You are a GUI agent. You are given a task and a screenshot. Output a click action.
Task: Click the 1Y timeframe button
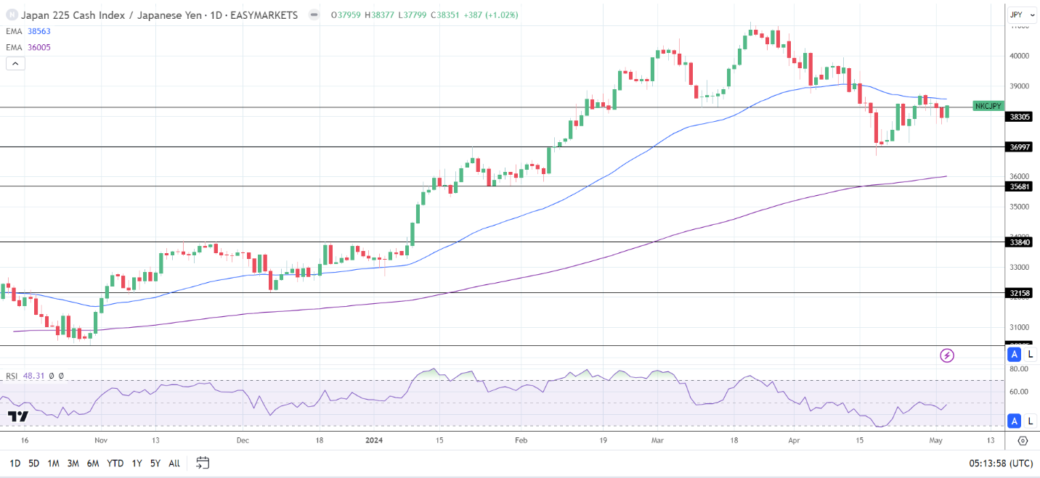[x=136, y=463]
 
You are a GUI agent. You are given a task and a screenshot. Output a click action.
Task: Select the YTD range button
[x=115, y=463]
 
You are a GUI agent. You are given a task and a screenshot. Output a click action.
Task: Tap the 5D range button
[x=33, y=463]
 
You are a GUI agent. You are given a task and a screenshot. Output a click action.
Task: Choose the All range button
[x=174, y=463]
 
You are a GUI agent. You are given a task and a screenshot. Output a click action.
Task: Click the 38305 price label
[x=1020, y=116]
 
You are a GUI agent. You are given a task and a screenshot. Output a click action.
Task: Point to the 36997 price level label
[x=1020, y=147]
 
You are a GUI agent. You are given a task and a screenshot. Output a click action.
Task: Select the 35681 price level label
[x=1020, y=186]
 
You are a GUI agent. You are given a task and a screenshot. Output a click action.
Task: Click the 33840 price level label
[x=1020, y=242]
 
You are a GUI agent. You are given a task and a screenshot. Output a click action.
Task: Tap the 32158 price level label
[x=1020, y=293]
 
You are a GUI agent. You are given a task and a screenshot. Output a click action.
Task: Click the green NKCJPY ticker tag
[x=988, y=106]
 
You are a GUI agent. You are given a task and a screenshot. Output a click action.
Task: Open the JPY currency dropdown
[x=1022, y=15]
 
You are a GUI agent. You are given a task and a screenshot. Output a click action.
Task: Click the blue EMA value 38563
[x=38, y=31]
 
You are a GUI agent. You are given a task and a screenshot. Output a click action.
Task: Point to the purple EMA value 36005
[x=38, y=47]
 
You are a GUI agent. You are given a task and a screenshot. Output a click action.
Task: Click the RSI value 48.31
[x=33, y=376]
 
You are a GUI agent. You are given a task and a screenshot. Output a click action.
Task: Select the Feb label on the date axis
[x=520, y=440]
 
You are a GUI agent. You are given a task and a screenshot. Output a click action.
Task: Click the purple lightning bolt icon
[x=947, y=355]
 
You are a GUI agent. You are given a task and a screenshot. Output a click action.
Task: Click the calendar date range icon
[x=203, y=463]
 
